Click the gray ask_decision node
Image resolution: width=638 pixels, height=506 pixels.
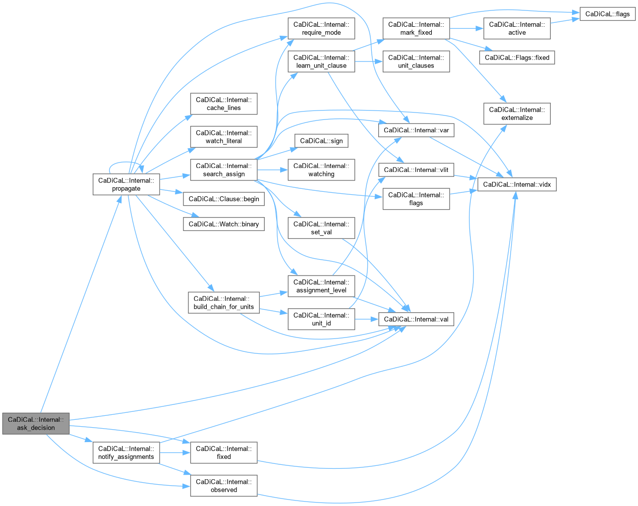point(36,423)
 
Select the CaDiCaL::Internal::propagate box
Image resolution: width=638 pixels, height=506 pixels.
point(126,184)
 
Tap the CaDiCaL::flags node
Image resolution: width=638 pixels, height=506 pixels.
point(607,14)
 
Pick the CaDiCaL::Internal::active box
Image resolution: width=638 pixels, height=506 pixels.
point(517,28)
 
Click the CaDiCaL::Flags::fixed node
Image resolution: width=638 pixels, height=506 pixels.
point(517,57)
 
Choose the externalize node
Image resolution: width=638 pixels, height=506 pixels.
point(517,113)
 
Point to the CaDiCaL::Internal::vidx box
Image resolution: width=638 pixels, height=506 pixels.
point(517,184)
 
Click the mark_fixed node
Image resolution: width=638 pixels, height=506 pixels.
point(416,28)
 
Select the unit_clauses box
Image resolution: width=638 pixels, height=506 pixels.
point(416,61)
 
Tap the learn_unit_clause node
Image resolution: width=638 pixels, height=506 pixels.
point(321,61)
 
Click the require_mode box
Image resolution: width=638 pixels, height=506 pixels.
point(321,28)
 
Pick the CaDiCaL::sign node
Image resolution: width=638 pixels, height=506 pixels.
point(321,141)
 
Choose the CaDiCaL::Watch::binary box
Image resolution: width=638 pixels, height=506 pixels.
point(224,224)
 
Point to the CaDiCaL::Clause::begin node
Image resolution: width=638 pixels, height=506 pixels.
point(224,199)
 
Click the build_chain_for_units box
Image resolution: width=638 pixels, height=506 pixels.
point(224,302)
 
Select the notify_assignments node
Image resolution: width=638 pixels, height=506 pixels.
point(126,452)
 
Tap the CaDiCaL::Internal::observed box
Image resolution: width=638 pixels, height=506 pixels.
point(224,486)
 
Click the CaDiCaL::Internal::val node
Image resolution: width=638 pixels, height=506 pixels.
point(416,319)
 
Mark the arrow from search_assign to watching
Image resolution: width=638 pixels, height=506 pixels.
point(273,170)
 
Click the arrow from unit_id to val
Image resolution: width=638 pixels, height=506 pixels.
point(367,319)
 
